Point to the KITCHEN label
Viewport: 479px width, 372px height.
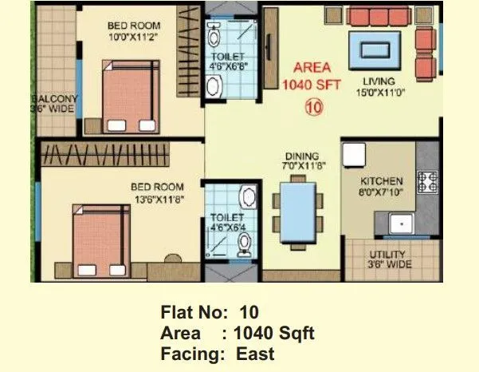point(381,186)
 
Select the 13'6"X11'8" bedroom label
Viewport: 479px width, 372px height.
point(157,194)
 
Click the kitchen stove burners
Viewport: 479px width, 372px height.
point(428,182)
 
